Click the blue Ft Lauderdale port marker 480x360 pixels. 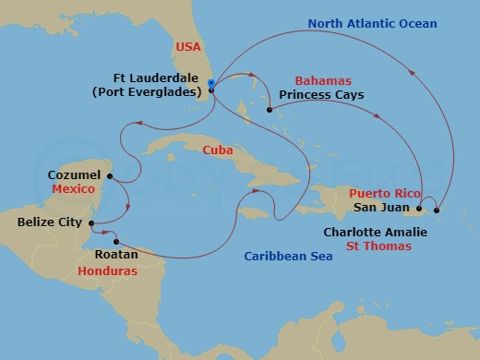tap(211, 84)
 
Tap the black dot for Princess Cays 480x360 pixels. tap(270, 111)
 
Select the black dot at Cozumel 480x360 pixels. tap(110, 175)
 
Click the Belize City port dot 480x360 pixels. tap(92, 222)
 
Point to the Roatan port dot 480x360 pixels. tap(115, 242)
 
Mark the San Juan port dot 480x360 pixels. tap(419, 209)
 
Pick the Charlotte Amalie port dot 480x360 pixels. tap(437, 210)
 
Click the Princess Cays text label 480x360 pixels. tap(322, 95)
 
